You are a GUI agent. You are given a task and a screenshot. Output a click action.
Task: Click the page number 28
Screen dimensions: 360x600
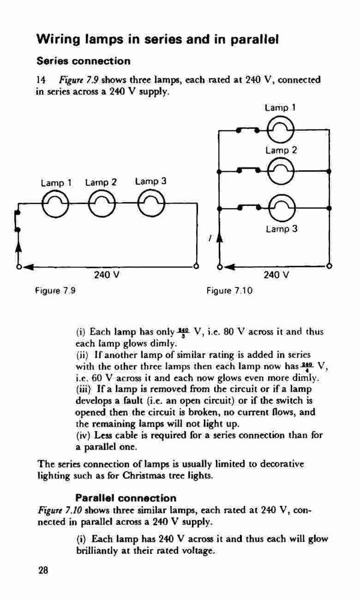[x=43, y=571]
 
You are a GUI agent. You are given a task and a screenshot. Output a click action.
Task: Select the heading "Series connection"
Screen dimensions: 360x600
[x=83, y=61]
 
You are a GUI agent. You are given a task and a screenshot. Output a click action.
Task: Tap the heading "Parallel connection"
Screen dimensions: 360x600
[x=126, y=498]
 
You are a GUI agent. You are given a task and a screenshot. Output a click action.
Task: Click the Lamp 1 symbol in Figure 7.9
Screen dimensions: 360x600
[x=55, y=203]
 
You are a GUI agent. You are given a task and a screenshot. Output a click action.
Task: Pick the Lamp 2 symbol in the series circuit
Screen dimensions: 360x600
[x=101, y=203]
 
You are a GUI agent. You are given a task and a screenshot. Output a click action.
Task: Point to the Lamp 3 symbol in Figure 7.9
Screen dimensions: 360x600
[x=151, y=203]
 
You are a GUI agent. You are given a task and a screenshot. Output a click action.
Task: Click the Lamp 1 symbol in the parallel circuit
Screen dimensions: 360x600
[x=280, y=130]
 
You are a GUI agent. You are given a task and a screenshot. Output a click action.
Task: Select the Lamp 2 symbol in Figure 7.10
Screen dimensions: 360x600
[x=280, y=170]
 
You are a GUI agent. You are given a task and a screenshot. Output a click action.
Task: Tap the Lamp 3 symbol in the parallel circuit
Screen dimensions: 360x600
[x=283, y=208]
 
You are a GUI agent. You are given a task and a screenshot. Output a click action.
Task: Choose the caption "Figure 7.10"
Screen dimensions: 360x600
[x=230, y=290]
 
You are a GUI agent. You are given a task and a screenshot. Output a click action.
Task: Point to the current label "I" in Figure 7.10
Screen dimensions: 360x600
[x=210, y=238]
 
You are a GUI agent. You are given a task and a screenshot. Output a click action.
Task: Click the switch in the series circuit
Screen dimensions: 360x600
[x=17, y=220]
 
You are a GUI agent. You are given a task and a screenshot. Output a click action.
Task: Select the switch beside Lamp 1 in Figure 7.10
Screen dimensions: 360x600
[x=248, y=130]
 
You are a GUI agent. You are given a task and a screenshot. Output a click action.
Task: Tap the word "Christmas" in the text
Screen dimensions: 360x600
[x=141, y=476]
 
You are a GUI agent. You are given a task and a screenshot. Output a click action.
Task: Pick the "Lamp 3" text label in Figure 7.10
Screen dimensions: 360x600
[x=281, y=229]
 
